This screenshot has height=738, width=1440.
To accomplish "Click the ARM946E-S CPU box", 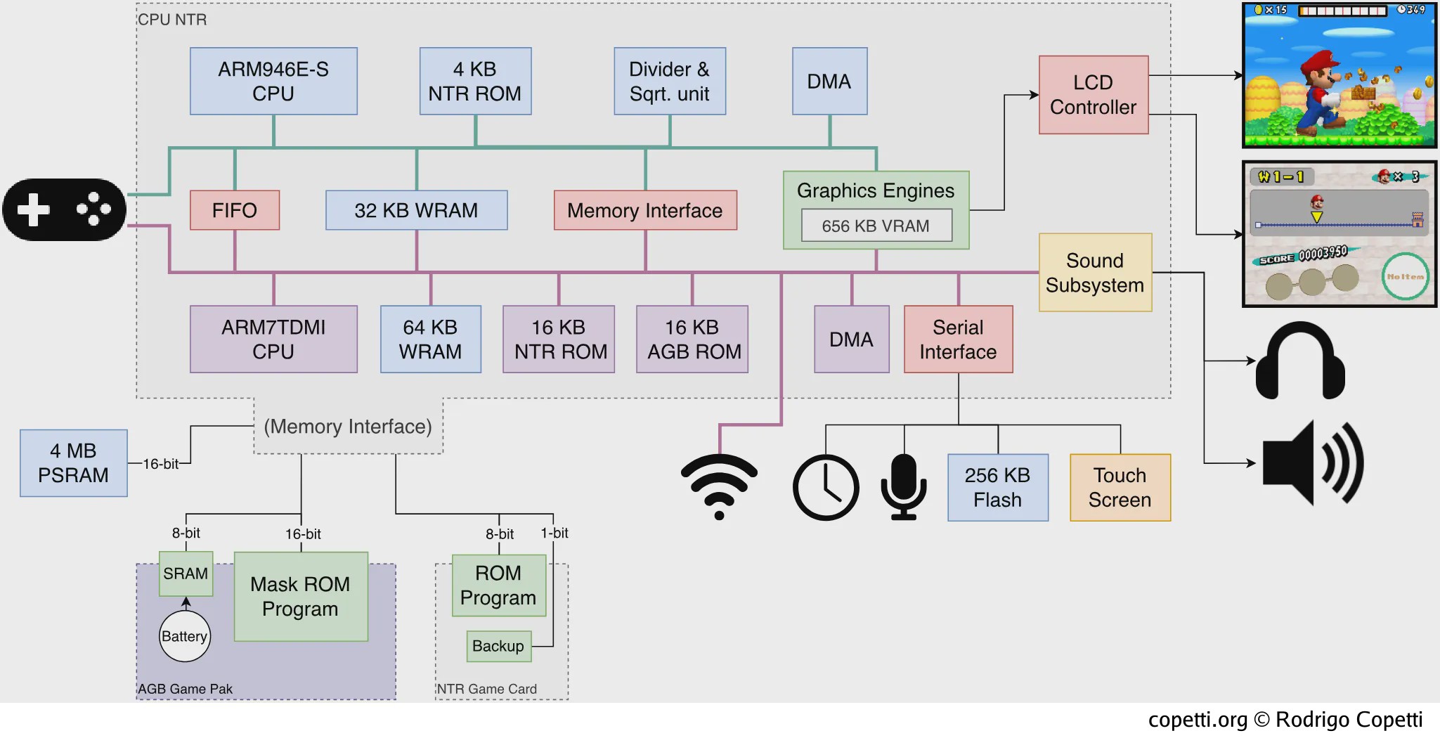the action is pos(273,81).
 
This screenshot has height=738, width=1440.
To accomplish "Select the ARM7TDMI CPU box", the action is pos(273,339).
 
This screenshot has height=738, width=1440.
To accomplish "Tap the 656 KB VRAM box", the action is pos(876,226).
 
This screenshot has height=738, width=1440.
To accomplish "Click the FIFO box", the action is pos(235,210).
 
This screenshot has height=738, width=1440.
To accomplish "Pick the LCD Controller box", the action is pos(1094,95).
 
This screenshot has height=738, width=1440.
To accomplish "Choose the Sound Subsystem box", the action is pos(1095,272).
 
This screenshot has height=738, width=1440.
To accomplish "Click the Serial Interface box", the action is pos(958,339).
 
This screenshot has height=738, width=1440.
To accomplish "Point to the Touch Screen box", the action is pos(1120,487).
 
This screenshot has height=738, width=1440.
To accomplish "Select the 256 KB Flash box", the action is pos(998,487).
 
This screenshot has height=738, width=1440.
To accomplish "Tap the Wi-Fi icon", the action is pos(719,485).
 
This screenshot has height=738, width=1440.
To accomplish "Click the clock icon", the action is pos(826,488).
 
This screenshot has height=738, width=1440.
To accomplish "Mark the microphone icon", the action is pos(904,486).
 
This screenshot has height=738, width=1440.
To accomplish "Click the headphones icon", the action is pos(1300,360).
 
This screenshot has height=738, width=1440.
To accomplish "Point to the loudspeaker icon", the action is pos(1313,462).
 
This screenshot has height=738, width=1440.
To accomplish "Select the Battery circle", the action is pos(185,636).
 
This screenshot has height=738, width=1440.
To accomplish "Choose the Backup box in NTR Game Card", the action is pos(498,646).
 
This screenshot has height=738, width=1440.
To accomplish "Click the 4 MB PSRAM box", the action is pos(74,463).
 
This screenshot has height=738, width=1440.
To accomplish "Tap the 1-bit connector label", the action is pos(554,533).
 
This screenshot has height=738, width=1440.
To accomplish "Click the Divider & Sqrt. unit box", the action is pos(670,81).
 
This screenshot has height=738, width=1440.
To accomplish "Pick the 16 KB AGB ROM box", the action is pos(692,339).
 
